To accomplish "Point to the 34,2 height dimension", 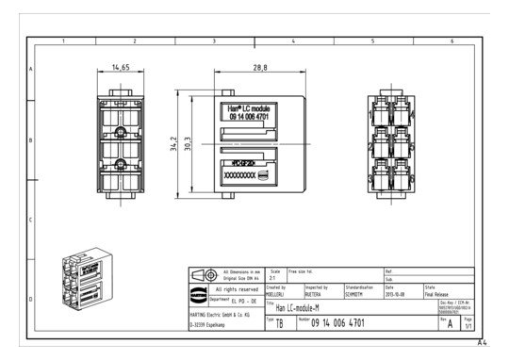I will [x=173, y=143].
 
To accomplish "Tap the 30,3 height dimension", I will [x=188, y=143].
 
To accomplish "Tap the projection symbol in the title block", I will [x=208, y=274].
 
